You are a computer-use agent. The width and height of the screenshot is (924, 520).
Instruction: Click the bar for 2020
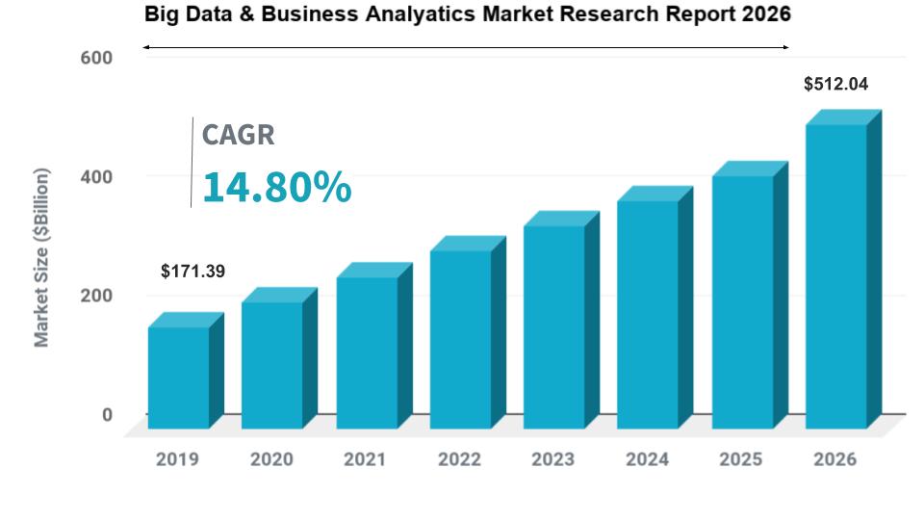pyautogui.click(x=271, y=365)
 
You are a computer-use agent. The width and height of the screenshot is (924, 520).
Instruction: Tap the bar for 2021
pyautogui.click(x=366, y=352)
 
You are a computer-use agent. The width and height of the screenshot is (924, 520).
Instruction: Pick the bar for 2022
pyautogui.click(x=460, y=339)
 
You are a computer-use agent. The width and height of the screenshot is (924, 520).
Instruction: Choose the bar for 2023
pyautogui.click(x=553, y=326)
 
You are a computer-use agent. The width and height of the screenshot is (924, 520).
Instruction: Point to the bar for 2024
pyautogui.click(x=647, y=314)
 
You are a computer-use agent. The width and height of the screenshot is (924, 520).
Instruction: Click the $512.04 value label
pyautogui.click(x=835, y=85)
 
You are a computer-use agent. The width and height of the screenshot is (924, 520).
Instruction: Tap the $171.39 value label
pyautogui.click(x=192, y=272)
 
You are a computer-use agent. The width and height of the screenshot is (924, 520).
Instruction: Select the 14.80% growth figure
pyautogui.click(x=276, y=187)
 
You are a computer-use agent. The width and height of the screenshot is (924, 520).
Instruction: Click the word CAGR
pyautogui.click(x=238, y=135)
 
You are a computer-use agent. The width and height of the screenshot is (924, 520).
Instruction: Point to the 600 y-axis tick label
pyautogui.click(x=95, y=58)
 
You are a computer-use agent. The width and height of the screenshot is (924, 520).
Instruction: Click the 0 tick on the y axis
pyautogui.click(x=107, y=415)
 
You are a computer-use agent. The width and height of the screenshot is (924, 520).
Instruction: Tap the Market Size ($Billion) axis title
pyautogui.click(x=42, y=258)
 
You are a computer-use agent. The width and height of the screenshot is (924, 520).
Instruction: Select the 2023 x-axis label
pyautogui.click(x=553, y=460)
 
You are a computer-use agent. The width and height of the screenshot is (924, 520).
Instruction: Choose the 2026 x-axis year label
pyautogui.click(x=834, y=460)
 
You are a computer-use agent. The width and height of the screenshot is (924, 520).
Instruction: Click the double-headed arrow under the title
pyautogui.click(x=466, y=46)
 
